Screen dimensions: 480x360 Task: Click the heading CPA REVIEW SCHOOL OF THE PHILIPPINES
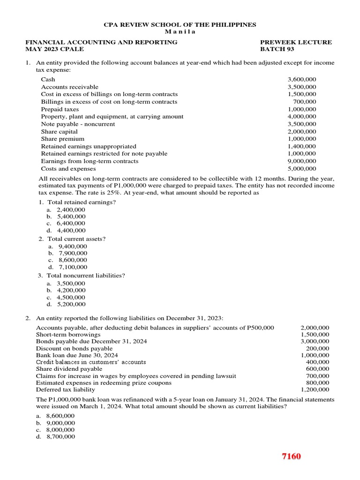click(x=180, y=24)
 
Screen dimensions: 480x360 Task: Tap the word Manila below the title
click(x=180, y=31)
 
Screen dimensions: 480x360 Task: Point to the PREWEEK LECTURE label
click(x=295, y=42)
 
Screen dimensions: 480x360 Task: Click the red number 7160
click(x=291, y=456)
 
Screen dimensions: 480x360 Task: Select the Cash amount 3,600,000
click(x=302, y=79)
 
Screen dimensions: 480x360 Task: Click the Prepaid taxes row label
click(x=60, y=109)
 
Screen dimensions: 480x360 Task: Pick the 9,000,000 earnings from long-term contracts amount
click(x=302, y=161)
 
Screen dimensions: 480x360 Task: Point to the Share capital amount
click(x=302, y=132)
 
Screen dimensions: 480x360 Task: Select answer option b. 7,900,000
click(x=67, y=253)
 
